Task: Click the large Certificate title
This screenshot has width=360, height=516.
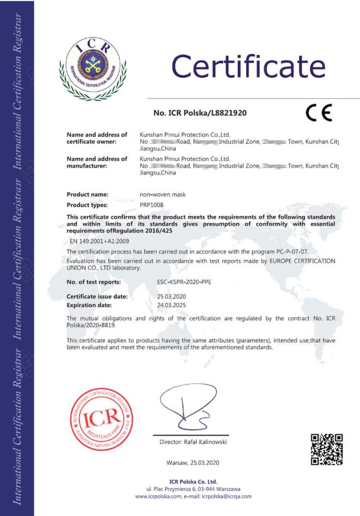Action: (x=249, y=66)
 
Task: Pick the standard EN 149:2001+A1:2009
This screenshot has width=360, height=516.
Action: (x=99, y=241)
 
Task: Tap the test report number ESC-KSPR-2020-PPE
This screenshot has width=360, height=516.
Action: (x=184, y=282)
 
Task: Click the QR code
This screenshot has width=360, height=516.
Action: (x=326, y=449)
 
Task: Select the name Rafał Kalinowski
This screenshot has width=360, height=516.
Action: (x=205, y=442)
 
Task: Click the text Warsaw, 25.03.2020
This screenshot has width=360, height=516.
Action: (x=192, y=463)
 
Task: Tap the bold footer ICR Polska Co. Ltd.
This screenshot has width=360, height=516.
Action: (x=193, y=481)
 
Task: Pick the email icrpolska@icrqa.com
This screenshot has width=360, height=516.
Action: (x=227, y=496)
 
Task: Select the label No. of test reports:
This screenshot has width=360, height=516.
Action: (x=94, y=282)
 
